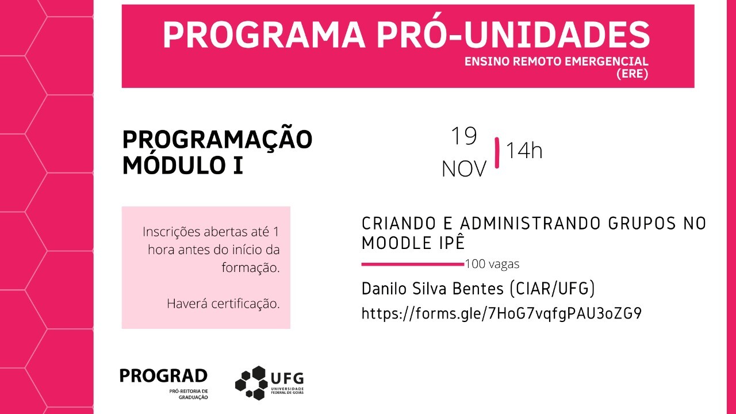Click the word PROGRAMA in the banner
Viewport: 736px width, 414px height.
(x=264, y=36)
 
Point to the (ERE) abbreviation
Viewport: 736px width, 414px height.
(x=632, y=74)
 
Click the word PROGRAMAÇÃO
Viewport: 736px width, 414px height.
(x=217, y=139)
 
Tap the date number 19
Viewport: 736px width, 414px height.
(x=463, y=136)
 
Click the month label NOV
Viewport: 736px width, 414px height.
(x=464, y=169)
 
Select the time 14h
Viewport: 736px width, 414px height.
(x=524, y=151)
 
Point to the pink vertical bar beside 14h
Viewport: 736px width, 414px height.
(x=497, y=153)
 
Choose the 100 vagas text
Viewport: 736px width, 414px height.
(x=492, y=264)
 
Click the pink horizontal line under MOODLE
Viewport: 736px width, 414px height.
(x=412, y=264)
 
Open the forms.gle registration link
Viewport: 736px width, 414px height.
(x=501, y=313)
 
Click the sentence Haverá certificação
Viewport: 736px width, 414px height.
(x=223, y=304)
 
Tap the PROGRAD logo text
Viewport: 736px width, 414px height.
(x=163, y=376)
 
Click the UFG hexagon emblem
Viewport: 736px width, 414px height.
(x=251, y=382)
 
